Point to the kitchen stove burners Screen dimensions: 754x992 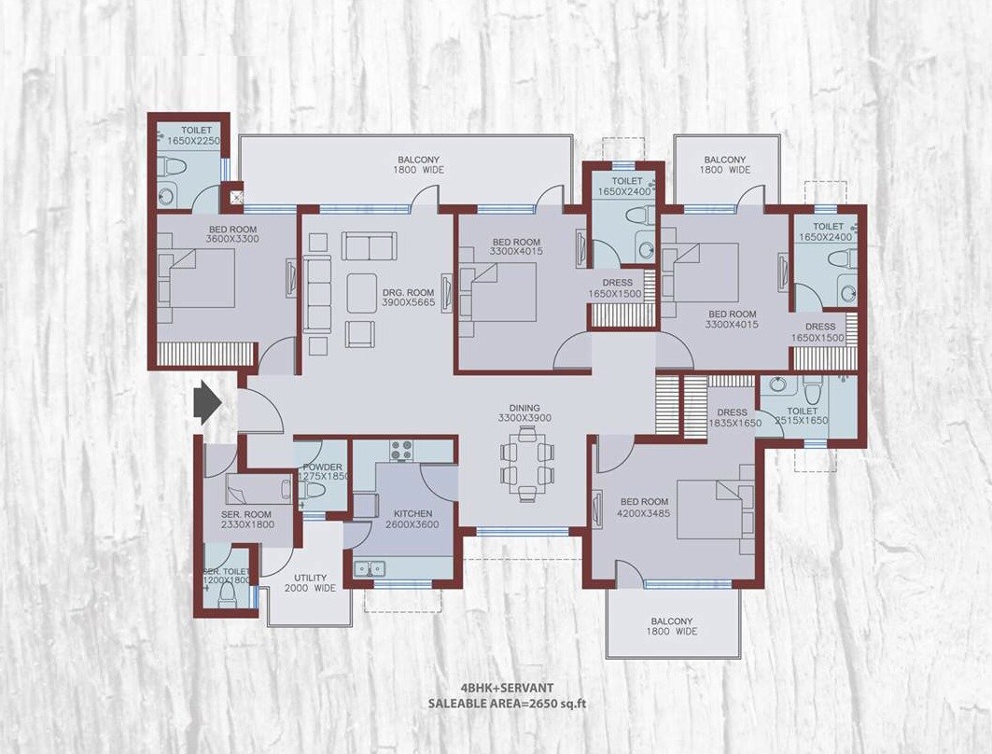tap(401, 449)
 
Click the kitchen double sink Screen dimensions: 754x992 tap(369, 566)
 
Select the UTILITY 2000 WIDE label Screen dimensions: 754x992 tap(310, 583)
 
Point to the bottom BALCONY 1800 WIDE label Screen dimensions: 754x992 tap(672, 626)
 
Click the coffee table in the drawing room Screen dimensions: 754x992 tap(362, 293)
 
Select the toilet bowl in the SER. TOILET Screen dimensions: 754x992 tap(226, 597)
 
